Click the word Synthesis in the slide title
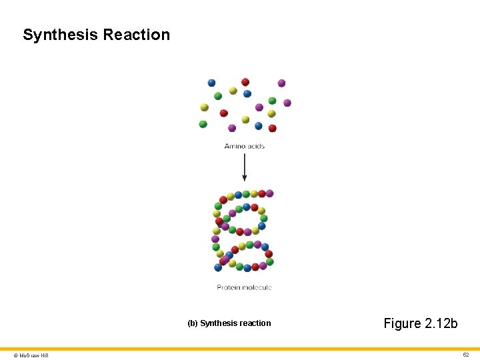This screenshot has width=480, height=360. (x=60, y=35)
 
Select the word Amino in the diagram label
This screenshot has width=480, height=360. (x=235, y=146)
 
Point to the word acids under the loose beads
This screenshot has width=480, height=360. (x=255, y=146)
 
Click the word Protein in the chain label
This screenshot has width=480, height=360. (x=229, y=287)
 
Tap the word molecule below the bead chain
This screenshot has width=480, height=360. (x=257, y=287)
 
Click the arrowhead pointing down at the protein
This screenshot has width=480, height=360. (x=245, y=177)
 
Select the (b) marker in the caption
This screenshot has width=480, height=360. (x=193, y=323)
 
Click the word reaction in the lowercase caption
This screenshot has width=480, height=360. (x=254, y=323)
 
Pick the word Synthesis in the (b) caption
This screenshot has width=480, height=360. (x=218, y=323)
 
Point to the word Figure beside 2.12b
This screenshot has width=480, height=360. (x=403, y=323)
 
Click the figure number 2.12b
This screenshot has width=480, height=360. (x=441, y=323)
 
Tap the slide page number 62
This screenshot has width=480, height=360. (x=466, y=355)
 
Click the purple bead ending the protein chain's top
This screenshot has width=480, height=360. (x=269, y=193)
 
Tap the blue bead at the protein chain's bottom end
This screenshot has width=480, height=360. (x=218, y=267)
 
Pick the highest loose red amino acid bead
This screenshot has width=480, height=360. (x=245, y=82)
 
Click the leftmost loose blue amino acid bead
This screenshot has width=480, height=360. (x=212, y=83)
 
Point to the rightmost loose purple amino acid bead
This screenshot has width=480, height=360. (x=287, y=103)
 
